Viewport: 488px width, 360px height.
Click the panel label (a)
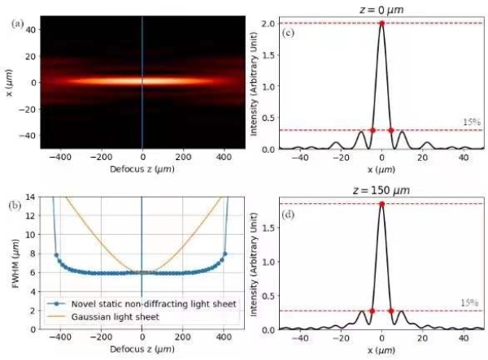(17, 24)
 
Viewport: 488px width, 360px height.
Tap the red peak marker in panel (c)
(381, 23)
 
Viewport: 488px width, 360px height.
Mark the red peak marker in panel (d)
(381, 204)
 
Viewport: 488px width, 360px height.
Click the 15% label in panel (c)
(469, 123)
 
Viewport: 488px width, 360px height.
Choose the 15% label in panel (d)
(469, 303)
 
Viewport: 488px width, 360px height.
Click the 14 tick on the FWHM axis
(30, 197)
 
